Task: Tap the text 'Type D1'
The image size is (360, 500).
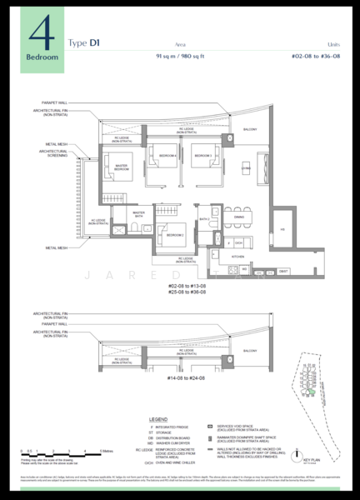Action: [83, 42]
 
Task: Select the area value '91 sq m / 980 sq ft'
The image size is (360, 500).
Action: [182, 55]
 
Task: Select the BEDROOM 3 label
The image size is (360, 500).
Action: [174, 235]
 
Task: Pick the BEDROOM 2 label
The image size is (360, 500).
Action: [203, 156]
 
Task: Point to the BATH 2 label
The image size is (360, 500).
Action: [204, 219]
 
